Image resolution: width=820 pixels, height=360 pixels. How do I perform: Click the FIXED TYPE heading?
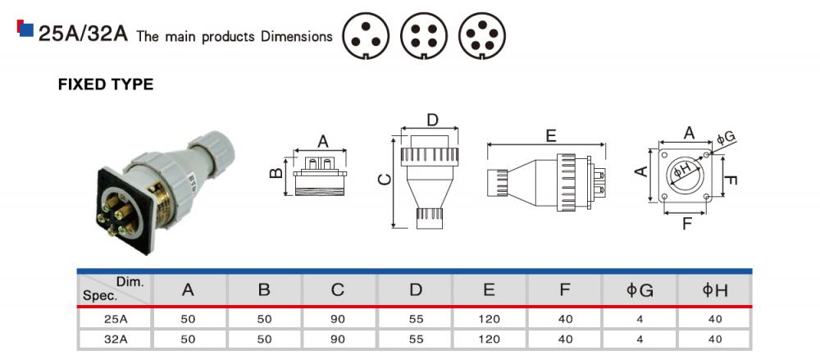tap(105, 84)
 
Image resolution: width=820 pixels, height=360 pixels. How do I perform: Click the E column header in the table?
tap(489, 289)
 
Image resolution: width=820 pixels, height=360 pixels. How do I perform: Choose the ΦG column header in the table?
tap(640, 289)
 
